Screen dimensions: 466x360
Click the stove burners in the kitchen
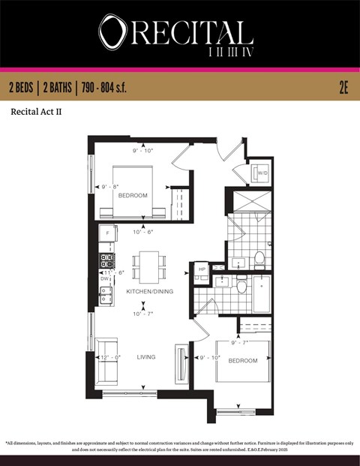[x=106, y=260]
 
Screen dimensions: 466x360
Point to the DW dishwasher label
[x=104, y=278]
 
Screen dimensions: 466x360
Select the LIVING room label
[x=146, y=357]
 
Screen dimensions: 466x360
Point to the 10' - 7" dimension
[x=143, y=314]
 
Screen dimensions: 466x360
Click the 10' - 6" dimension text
[x=143, y=232]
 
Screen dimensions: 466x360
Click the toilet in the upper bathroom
[x=259, y=259]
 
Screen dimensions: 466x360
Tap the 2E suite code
[x=343, y=88]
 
